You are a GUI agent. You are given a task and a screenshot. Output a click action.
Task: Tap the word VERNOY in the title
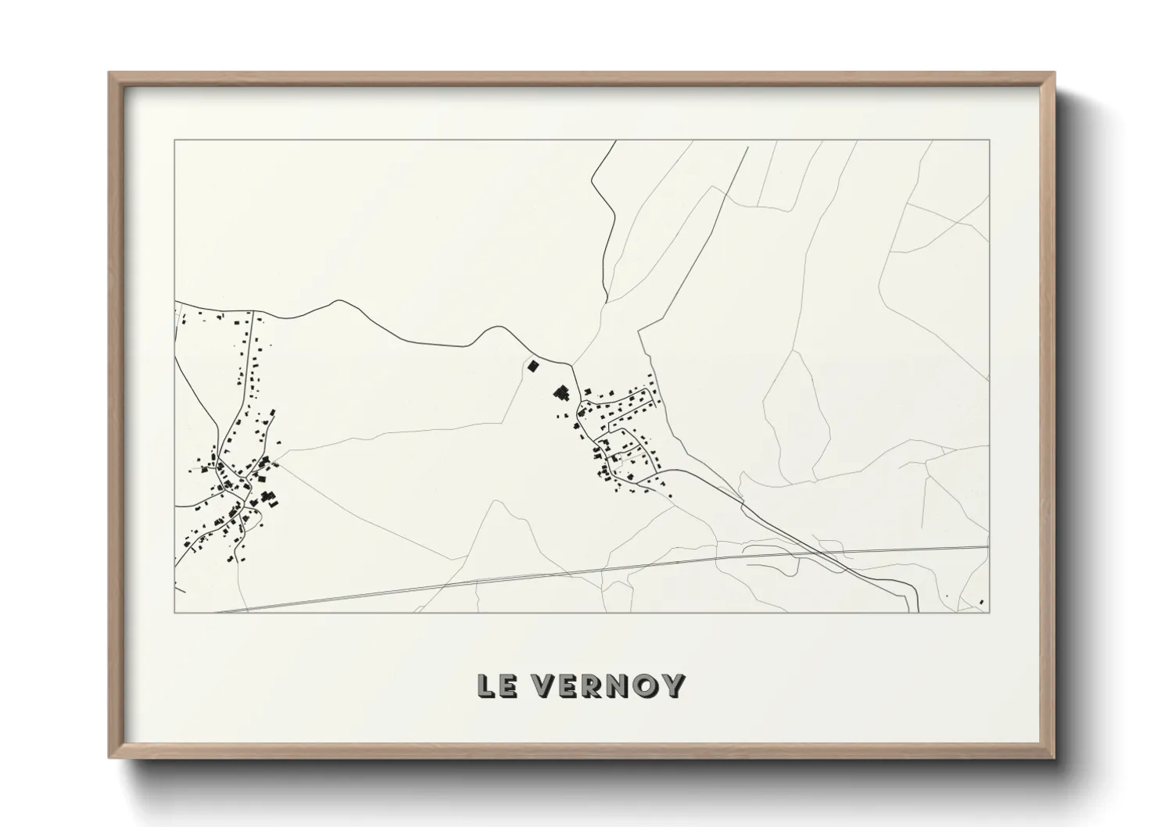[x=609, y=686]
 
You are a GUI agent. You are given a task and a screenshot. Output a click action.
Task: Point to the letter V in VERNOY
[x=544, y=686]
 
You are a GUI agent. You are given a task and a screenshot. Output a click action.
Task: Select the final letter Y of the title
[x=674, y=686]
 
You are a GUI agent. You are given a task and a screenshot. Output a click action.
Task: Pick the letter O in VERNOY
[x=649, y=686]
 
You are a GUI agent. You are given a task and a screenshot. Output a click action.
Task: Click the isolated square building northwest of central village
[x=533, y=365]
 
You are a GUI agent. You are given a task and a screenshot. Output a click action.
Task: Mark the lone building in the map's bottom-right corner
[x=981, y=601]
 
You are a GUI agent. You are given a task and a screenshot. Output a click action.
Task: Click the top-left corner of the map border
[x=175, y=141]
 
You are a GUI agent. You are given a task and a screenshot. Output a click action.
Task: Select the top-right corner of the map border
[x=990, y=141]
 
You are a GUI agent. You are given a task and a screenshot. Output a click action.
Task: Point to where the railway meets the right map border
[x=989, y=547]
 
